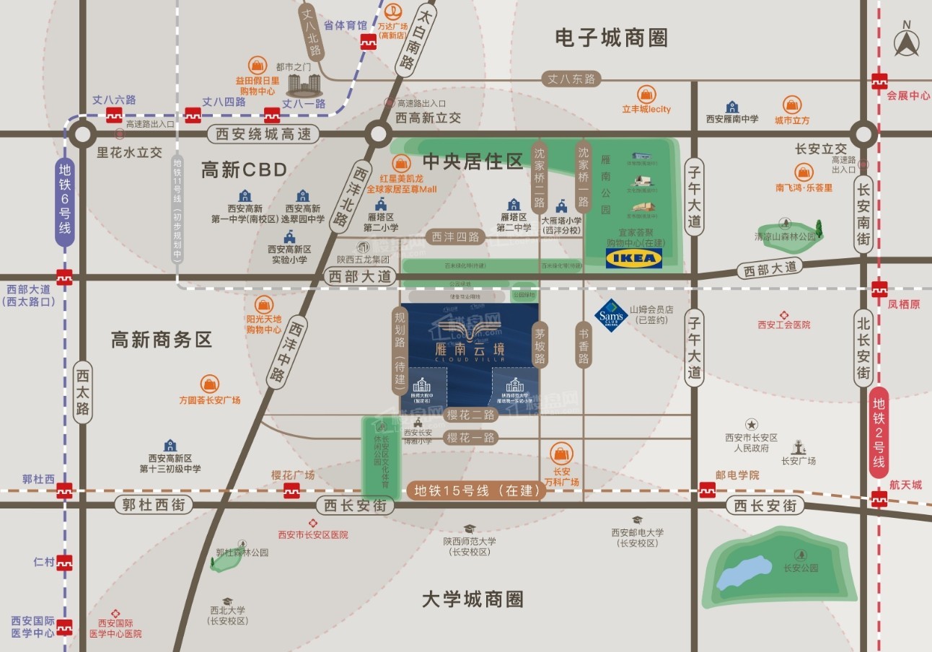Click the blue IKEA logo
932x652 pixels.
pos(633,259)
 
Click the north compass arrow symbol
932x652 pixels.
pos(907,40)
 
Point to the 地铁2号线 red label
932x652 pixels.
pos(879,432)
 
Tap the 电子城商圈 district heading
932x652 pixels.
pos(611,38)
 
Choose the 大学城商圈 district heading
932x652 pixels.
pos(472,599)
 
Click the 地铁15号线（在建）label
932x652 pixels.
pos(477,490)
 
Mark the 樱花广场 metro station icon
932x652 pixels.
pos(291,491)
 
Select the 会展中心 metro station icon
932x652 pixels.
pos(879,81)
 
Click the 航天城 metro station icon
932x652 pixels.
pos(879,498)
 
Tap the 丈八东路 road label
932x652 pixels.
pos(571,79)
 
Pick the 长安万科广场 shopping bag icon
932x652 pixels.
pos(560,454)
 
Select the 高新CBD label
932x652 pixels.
pos(244,170)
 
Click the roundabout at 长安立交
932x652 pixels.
pos(863,133)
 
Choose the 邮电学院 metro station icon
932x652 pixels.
pos(708,490)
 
